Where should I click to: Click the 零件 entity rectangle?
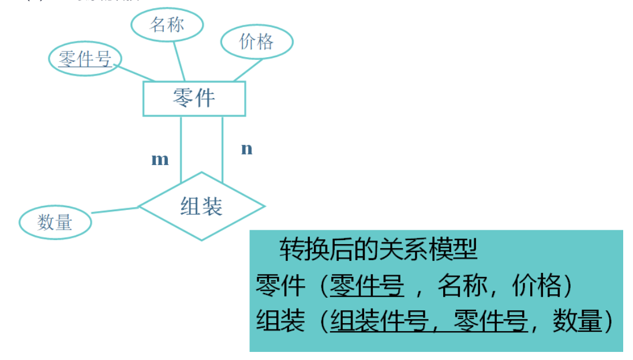[x=194, y=98]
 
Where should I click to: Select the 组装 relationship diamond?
[x=201, y=206]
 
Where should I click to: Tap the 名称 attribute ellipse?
[x=167, y=25]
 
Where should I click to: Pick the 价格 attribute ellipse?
[x=256, y=42]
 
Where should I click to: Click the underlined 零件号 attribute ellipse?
[x=85, y=58]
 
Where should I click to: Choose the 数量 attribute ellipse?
[x=55, y=222]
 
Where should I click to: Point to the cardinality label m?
[x=160, y=160]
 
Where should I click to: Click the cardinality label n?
[x=246, y=149]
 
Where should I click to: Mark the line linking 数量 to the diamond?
[x=115, y=210]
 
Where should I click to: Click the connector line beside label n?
[x=222, y=147]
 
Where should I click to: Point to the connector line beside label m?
[x=181, y=147]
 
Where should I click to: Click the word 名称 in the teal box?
[x=462, y=286]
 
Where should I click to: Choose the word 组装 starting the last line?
[x=280, y=321]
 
